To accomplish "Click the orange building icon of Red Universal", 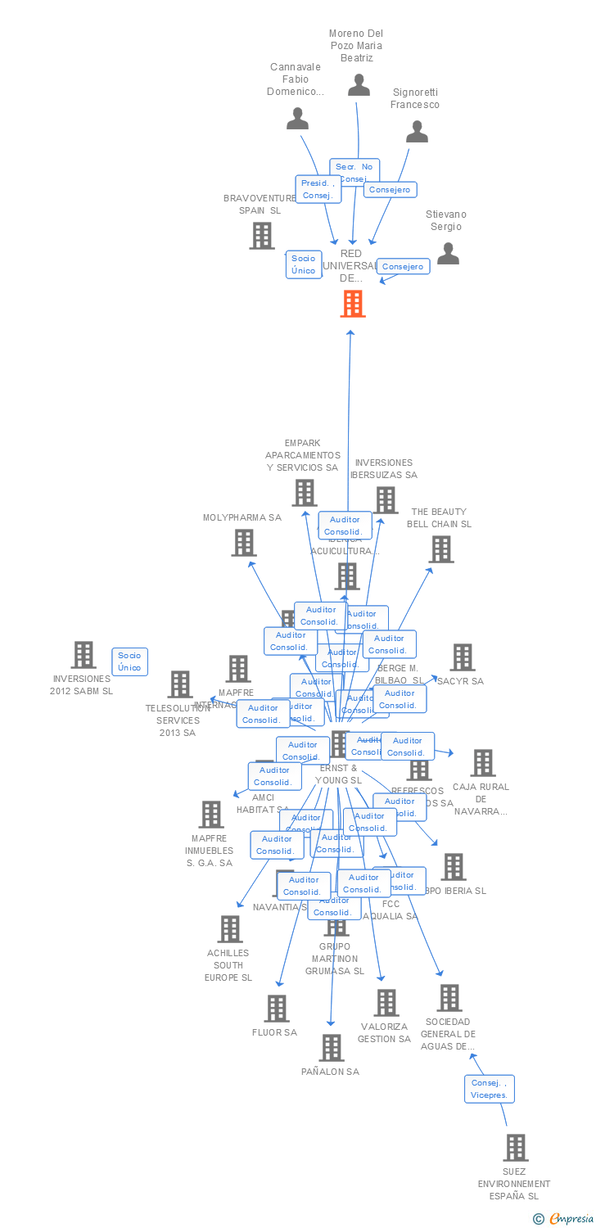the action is coord(353,304).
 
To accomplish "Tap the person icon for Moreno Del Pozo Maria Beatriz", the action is coord(359,85).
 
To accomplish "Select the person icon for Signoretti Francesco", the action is coord(418,132).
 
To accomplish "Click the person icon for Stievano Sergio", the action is coord(448,254).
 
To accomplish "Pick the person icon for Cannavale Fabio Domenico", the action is coord(297,120).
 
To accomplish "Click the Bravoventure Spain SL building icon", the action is coord(262,236).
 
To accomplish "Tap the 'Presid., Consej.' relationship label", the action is coord(318,189).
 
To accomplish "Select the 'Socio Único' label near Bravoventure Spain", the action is coord(303,264).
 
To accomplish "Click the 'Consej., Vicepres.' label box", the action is coord(490,1089).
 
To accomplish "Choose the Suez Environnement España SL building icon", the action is coord(516,1148).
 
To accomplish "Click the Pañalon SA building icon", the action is coord(332,1048).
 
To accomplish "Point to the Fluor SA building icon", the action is coord(277,1009).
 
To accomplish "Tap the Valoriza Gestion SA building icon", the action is coord(386,1003).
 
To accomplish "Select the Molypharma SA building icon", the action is coord(243,542).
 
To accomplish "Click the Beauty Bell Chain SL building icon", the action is coord(440,549).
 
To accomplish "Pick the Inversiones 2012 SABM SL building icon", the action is coord(84,655).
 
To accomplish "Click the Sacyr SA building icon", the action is coord(463,657).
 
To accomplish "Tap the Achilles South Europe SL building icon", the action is coord(230,929).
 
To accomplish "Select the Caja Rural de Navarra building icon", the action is coord(483,763).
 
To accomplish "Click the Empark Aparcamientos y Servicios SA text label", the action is coord(302,455).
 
